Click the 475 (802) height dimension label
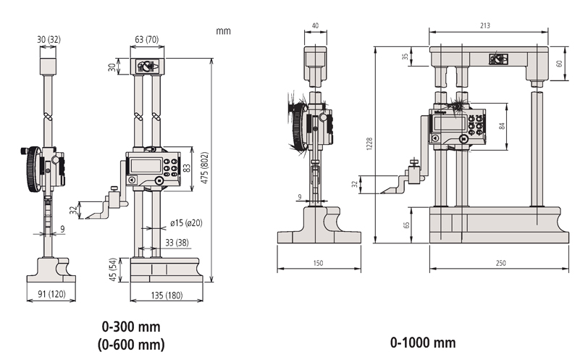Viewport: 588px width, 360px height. point(205,167)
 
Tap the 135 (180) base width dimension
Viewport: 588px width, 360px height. point(167,296)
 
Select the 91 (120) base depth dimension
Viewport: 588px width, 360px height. point(51,294)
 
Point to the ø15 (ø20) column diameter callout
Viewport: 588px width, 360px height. point(186,223)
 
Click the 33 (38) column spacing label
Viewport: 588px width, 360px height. point(177,243)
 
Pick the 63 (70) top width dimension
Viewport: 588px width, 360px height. point(146,39)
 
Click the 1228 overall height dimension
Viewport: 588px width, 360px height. point(369,144)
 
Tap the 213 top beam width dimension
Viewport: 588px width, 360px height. point(485,25)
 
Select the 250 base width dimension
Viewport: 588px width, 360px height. point(500,263)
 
